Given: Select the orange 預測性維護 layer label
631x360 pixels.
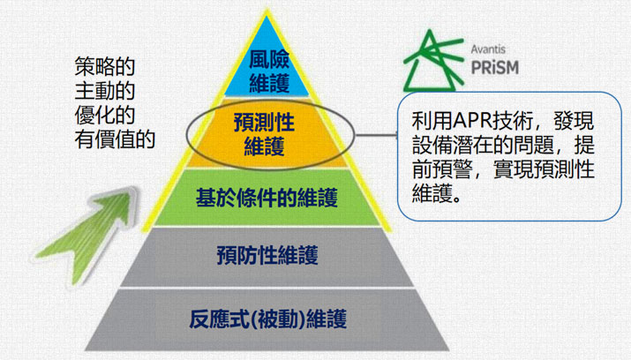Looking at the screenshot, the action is click(264, 134).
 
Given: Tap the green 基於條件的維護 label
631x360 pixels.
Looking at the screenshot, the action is click(267, 197).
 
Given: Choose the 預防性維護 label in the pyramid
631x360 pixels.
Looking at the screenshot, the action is click(267, 255).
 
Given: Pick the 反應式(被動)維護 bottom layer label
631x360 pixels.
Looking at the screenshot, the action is click(268, 319).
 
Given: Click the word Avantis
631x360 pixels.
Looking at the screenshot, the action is click(488, 49).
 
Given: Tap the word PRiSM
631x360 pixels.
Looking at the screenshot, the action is click(494, 68).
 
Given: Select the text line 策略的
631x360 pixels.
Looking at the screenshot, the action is click(105, 66).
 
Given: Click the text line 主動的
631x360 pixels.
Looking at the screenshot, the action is click(105, 91).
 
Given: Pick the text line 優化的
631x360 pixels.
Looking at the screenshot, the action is click(105, 115).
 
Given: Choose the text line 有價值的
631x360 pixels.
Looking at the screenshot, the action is click(115, 139).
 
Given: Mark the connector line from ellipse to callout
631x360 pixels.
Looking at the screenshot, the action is click(376, 135).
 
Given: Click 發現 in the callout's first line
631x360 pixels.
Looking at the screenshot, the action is click(574, 121).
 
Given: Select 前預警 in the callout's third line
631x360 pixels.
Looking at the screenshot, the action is click(442, 169).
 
